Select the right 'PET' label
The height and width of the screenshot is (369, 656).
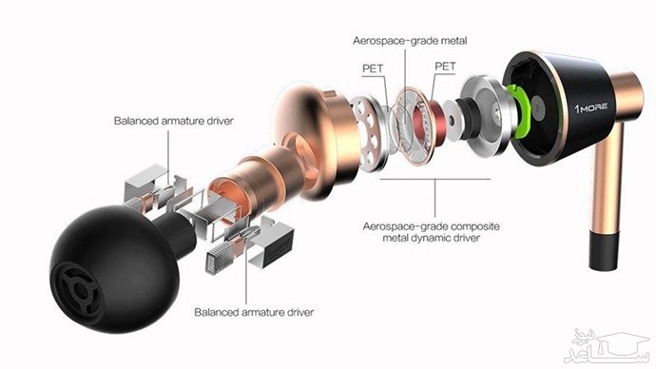point(445,68)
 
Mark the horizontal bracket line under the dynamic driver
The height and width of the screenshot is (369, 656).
point(435,177)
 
